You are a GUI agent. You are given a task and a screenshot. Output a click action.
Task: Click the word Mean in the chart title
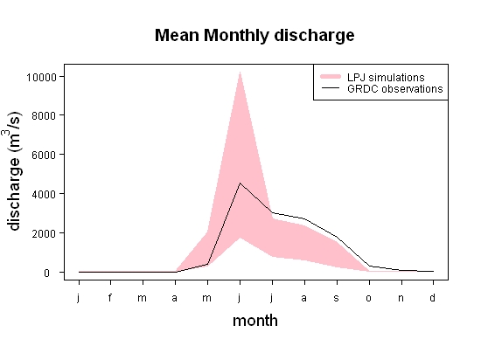177,35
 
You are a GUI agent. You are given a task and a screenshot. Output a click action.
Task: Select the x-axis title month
255,321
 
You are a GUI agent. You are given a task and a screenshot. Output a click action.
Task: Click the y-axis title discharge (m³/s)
14,171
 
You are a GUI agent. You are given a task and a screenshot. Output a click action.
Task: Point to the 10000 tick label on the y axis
41,77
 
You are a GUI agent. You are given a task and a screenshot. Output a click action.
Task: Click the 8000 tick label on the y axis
44,116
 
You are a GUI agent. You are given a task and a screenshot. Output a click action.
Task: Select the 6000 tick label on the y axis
44,155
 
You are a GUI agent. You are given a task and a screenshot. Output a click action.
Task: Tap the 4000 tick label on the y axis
44,194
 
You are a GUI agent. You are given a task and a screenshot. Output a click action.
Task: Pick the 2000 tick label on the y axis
44,233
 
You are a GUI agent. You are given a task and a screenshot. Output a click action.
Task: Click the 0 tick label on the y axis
46,273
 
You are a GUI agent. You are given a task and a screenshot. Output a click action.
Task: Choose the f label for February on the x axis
110,297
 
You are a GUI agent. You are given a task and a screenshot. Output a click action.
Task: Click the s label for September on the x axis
336,298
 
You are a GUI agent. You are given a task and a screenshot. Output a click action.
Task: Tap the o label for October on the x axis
369,298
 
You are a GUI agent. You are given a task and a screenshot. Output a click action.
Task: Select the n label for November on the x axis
401,298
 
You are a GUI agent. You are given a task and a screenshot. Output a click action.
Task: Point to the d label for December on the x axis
432,297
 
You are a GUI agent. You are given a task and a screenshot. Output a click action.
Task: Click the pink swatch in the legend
331,77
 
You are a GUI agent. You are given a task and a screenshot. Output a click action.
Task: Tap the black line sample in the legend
331,88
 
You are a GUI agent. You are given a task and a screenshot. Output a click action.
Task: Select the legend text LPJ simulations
386,77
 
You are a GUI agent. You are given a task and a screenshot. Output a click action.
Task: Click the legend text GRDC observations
395,89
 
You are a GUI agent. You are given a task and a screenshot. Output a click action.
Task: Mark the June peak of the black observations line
240,183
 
